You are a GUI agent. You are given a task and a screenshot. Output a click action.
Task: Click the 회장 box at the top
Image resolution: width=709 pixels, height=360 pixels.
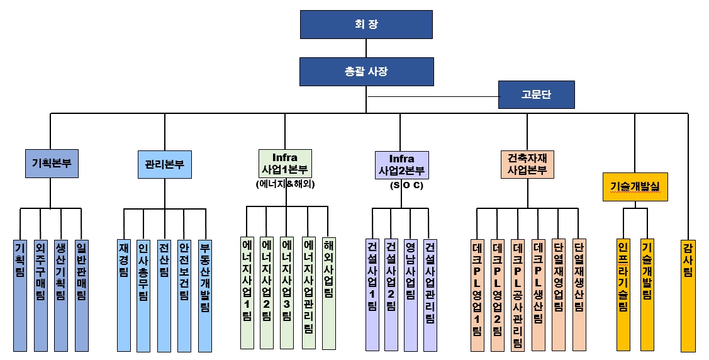366,25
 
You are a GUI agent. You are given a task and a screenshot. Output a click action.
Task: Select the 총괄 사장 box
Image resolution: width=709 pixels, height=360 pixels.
366,71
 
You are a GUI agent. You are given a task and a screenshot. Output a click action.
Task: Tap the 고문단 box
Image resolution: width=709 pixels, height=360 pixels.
536,95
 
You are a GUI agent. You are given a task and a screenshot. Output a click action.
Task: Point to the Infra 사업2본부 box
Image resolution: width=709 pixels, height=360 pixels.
401,164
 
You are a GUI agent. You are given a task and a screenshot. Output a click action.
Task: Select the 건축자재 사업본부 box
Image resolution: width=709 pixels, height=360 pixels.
527,164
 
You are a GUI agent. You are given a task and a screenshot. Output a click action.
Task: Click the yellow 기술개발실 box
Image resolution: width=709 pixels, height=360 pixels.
634,186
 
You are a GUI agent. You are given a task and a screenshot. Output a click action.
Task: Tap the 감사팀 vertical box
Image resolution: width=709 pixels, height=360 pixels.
688,295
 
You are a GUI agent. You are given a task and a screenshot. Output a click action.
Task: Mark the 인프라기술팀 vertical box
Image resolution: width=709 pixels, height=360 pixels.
623,295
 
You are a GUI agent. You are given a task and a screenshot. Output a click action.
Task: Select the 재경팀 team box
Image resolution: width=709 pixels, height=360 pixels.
124,295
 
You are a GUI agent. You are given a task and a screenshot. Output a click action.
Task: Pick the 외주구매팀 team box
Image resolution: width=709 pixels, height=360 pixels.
40,295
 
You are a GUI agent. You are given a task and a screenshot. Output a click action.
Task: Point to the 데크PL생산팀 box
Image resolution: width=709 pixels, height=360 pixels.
538,295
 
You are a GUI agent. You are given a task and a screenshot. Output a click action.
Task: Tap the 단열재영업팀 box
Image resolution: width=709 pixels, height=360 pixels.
558,295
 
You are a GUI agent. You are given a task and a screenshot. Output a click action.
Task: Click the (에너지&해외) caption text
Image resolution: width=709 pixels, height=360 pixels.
286,184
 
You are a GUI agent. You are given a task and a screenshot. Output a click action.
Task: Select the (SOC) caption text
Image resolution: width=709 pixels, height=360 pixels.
406,186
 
